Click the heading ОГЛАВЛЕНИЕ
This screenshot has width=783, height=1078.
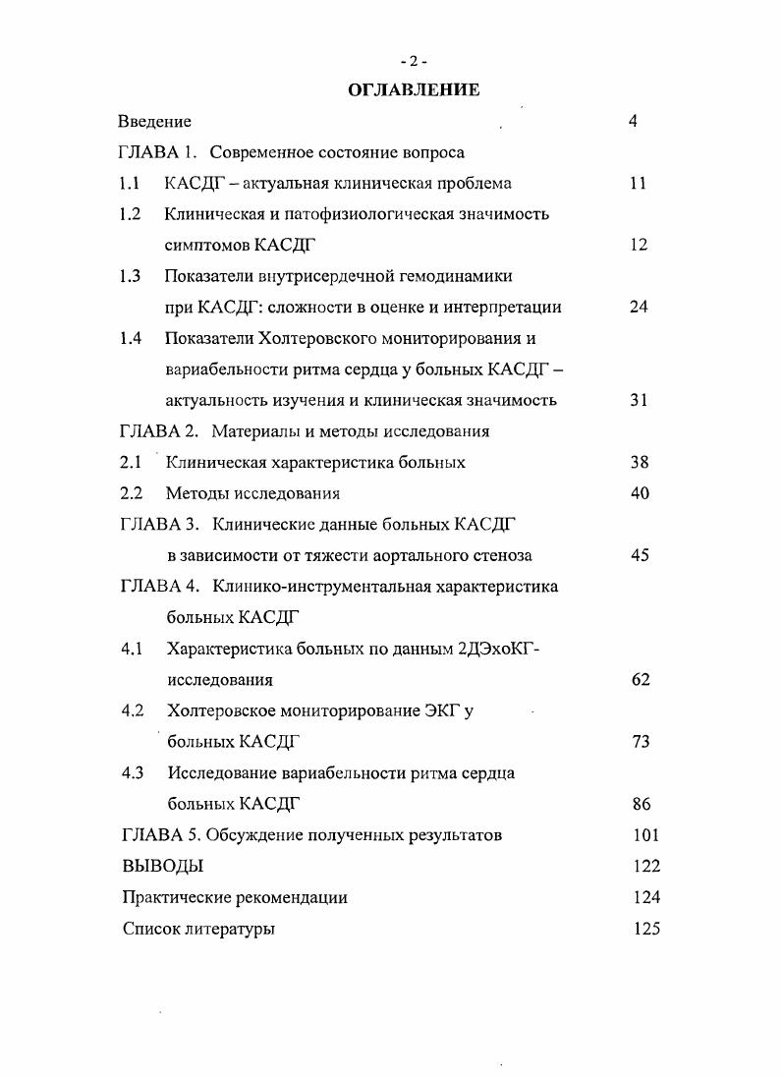click(x=414, y=90)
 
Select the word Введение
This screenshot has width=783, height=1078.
click(x=154, y=122)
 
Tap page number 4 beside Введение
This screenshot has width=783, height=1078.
click(x=633, y=122)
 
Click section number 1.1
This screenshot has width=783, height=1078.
click(x=128, y=183)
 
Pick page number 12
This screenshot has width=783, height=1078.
click(x=639, y=245)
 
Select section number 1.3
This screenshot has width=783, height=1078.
click(x=129, y=276)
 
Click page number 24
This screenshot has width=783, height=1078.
click(x=639, y=307)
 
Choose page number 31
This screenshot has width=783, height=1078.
click(x=639, y=400)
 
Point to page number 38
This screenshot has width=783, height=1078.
click(x=639, y=462)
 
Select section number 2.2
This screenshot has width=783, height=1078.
click(x=131, y=493)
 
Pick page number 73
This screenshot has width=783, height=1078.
click(x=641, y=741)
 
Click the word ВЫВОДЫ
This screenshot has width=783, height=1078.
click(x=163, y=866)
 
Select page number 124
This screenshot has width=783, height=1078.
click(x=646, y=896)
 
